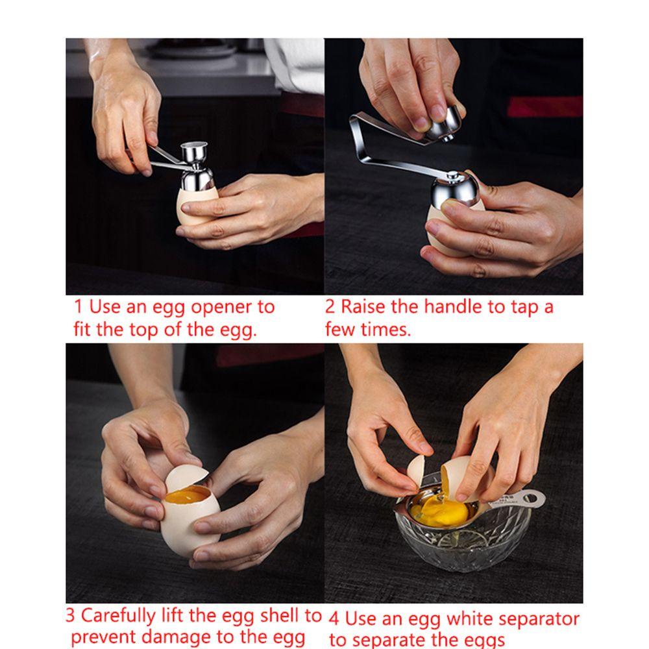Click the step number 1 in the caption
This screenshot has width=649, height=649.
click(79, 307)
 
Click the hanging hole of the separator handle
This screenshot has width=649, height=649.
click(530, 496)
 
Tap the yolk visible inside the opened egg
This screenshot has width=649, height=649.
click(186, 495)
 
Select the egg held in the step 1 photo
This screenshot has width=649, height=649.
click(197, 207)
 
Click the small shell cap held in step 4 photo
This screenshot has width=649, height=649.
click(416, 469)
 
